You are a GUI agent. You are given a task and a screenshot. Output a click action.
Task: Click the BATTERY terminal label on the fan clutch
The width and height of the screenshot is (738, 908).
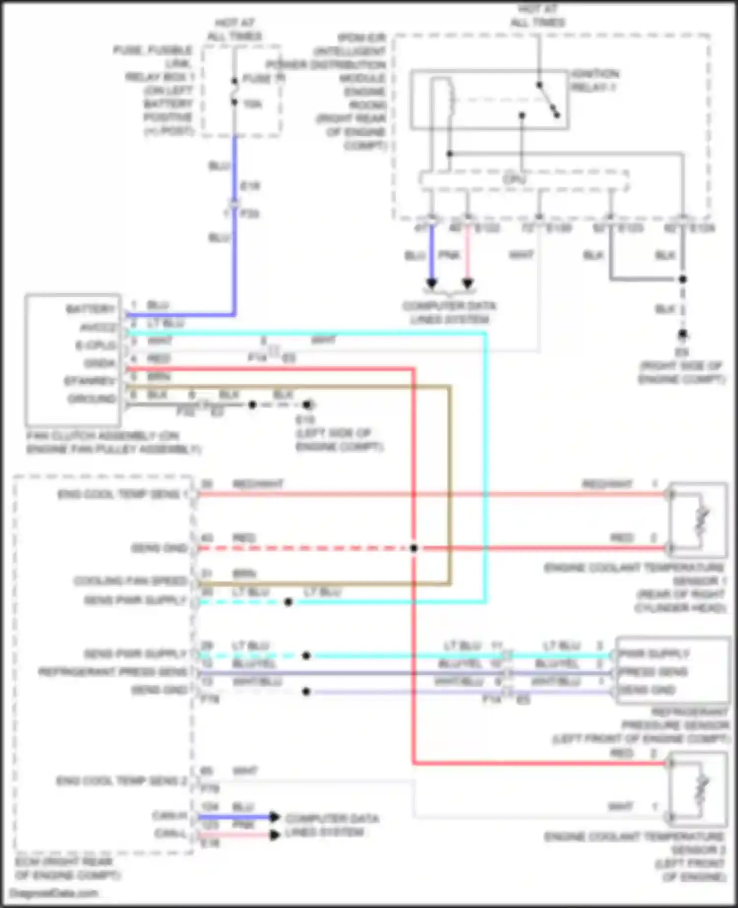point(91,309)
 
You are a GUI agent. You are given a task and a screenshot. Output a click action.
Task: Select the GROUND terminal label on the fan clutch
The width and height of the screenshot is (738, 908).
point(92,398)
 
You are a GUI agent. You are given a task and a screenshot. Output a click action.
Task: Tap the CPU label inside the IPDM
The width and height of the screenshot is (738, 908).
point(514,179)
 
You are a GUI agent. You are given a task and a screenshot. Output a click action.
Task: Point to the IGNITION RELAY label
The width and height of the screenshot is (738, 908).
point(595,80)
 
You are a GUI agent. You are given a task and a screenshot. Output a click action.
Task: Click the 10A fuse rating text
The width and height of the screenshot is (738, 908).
point(252,104)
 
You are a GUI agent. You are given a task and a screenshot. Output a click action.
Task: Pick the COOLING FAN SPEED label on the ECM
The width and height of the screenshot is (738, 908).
point(130,581)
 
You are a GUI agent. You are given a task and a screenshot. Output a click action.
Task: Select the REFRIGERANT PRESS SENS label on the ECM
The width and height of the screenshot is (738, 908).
point(113,672)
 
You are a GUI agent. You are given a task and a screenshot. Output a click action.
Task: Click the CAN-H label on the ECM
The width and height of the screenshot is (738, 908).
point(169,816)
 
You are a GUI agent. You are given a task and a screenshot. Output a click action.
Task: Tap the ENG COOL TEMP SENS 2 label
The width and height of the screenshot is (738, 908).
point(122,781)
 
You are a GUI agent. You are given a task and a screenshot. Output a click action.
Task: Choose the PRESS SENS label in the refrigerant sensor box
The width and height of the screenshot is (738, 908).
point(653,672)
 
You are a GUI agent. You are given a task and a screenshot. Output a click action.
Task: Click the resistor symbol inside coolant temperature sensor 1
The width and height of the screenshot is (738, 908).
point(702,521)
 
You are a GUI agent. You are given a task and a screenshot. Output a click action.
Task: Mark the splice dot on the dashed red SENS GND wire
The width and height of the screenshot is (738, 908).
point(414,548)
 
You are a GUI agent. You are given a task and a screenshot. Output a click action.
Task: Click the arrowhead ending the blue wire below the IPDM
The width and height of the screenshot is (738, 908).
point(431,283)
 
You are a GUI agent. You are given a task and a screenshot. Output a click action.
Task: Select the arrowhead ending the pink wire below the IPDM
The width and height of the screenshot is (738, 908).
point(468,283)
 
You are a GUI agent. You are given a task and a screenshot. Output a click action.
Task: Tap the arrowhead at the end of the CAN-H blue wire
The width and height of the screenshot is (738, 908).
point(275,817)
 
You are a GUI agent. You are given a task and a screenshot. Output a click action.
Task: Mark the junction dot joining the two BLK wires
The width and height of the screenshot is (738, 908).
point(682,279)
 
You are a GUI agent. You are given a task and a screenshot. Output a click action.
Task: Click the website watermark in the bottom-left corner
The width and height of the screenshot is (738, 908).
point(54,893)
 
